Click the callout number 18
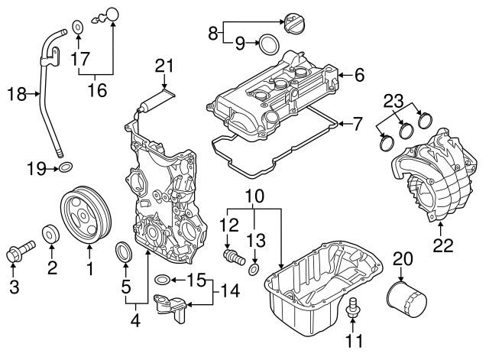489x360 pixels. (x=16, y=95)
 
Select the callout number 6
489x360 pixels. (x=359, y=74)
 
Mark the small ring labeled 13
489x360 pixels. (x=255, y=268)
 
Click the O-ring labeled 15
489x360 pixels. (x=161, y=280)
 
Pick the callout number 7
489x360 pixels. (x=359, y=122)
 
